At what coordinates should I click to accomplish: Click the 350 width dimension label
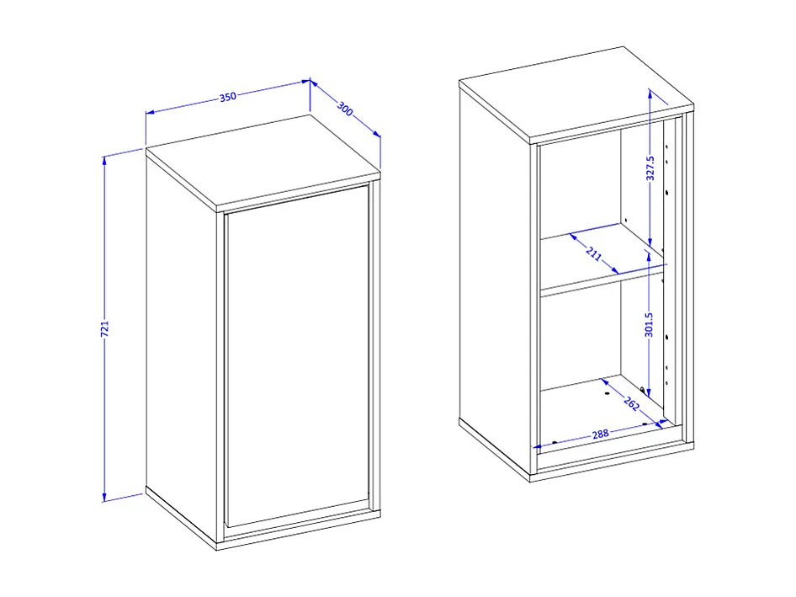click(227, 97)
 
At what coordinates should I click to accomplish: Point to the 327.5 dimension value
click(650, 168)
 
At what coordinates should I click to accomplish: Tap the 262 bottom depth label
click(632, 404)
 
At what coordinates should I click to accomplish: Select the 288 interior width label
click(600, 434)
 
